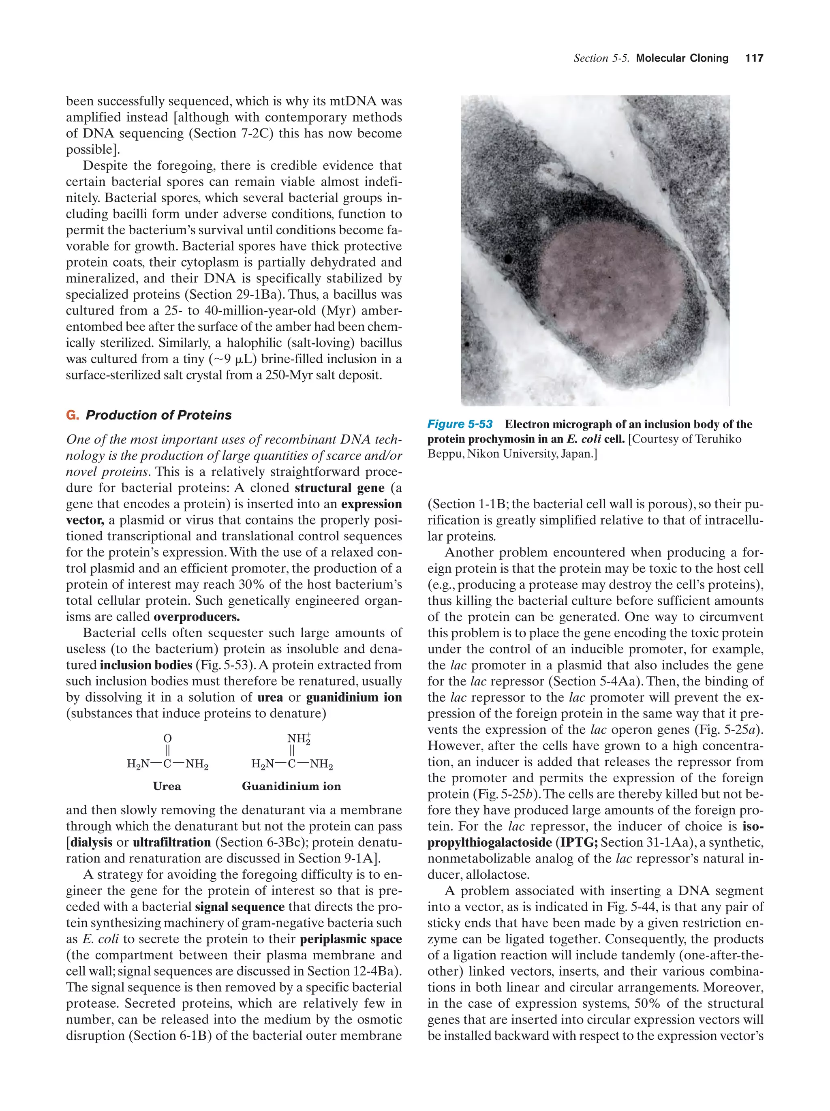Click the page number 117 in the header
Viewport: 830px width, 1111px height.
coord(754,58)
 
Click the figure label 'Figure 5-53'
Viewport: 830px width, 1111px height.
coord(460,424)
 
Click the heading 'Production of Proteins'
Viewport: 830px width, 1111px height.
coord(159,415)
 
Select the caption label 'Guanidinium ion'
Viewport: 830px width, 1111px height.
coord(291,786)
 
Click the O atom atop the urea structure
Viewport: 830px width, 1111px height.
coord(168,739)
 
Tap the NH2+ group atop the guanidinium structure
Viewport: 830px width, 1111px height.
coord(298,739)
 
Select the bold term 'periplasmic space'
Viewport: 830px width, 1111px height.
coord(351,939)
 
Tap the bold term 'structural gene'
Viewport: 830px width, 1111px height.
coord(340,488)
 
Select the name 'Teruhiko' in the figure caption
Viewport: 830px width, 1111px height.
coord(718,439)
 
